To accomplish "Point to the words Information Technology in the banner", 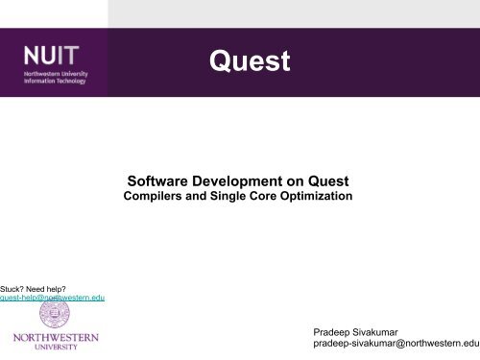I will [x=55, y=81].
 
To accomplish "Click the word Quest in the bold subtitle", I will [x=324, y=180].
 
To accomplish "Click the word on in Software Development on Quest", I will [x=289, y=180].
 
